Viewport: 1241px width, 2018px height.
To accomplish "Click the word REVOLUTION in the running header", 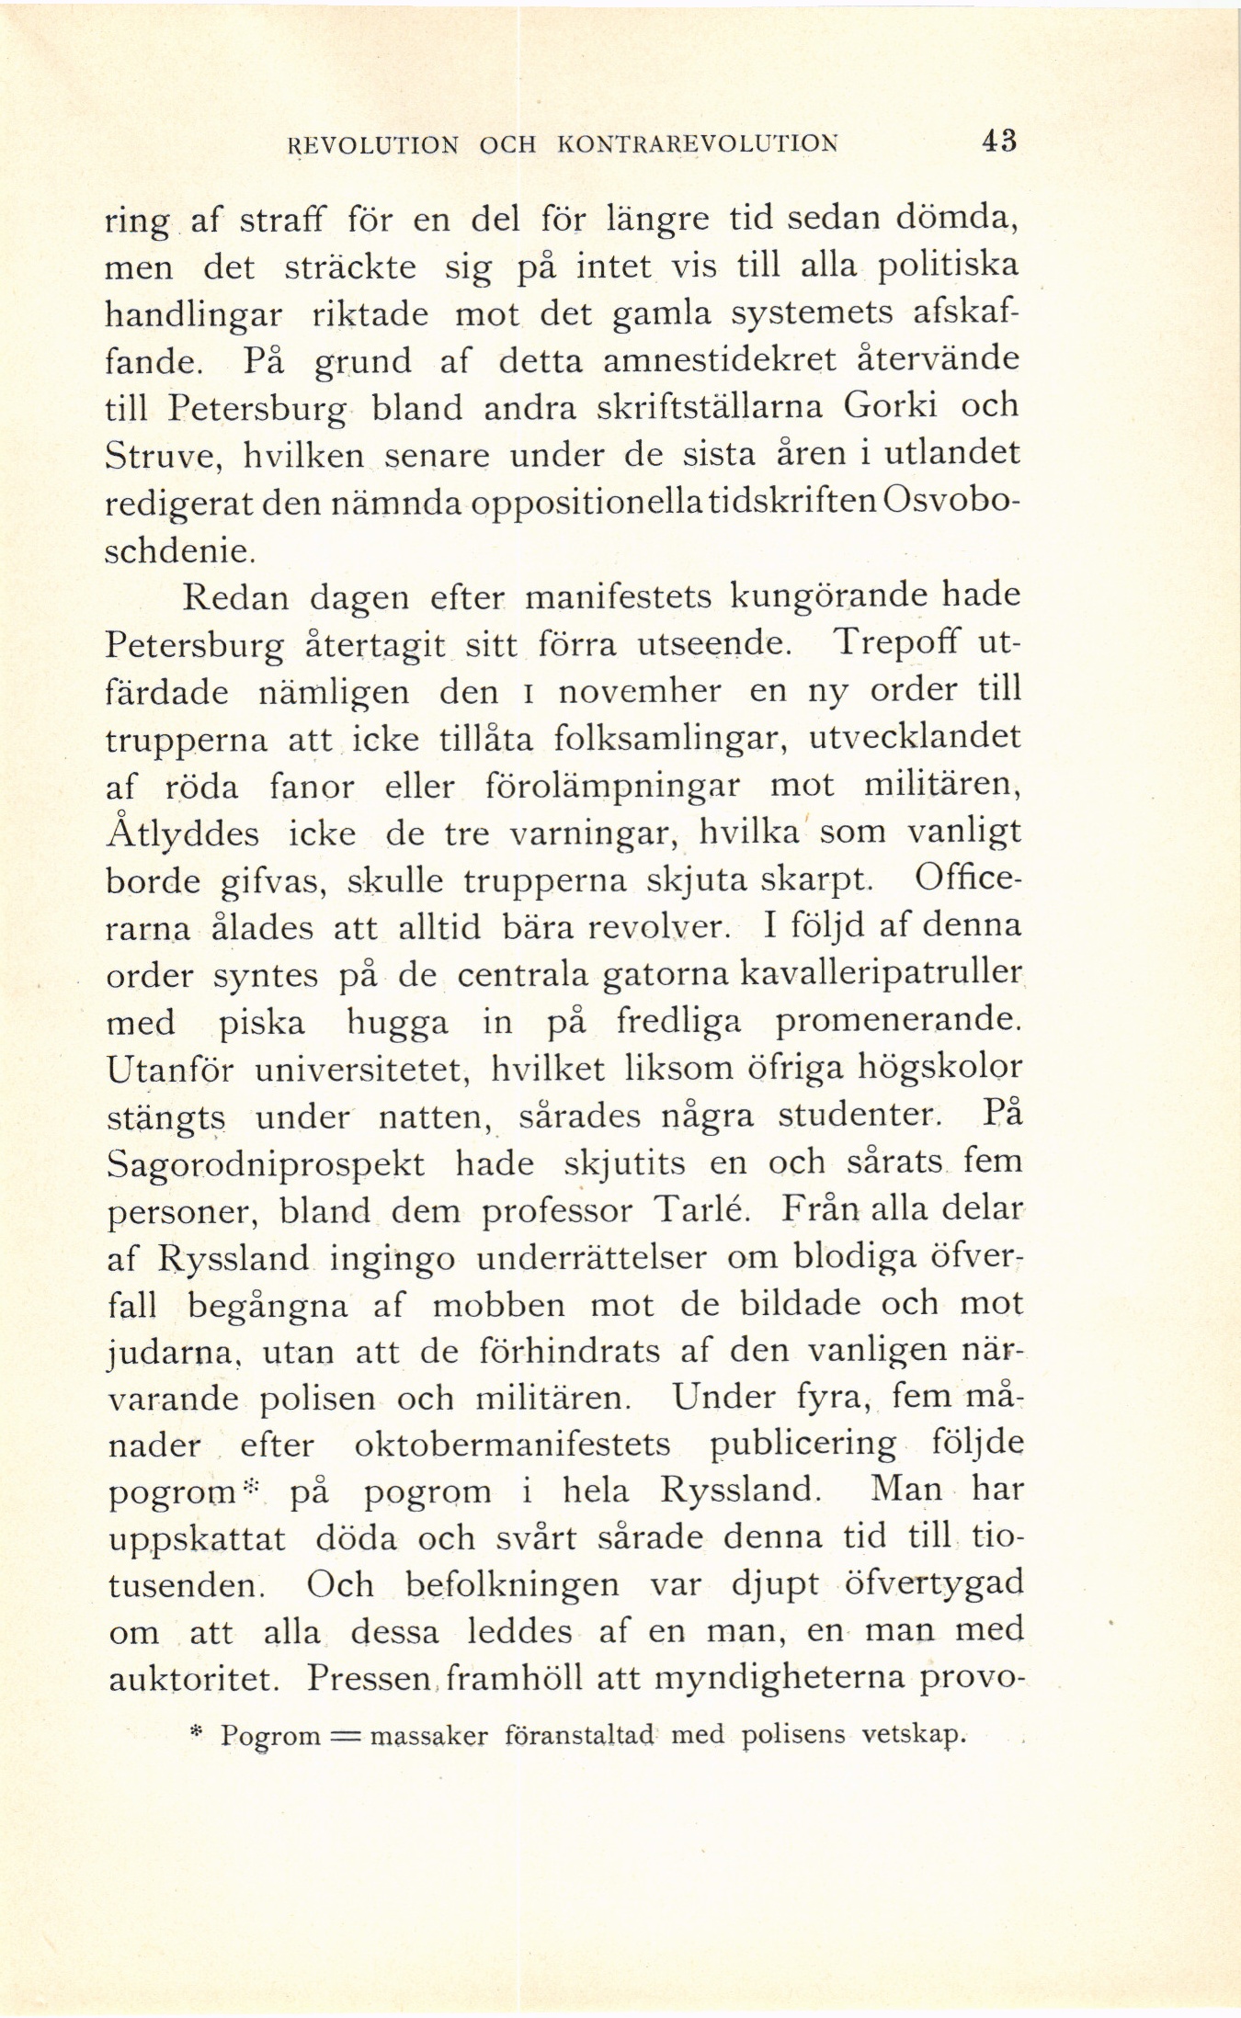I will pyautogui.click(x=373, y=144).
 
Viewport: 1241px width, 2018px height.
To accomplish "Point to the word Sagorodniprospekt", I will pyautogui.click(x=266, y=1164).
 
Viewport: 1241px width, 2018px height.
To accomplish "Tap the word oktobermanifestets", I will pyautogui.click(x=512, y=1445).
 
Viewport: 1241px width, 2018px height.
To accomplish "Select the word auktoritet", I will pyautogui.click(x=194, y=1681).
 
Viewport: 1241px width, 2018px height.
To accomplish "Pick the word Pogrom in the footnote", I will pyautogui.click(x=273, y=1736).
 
